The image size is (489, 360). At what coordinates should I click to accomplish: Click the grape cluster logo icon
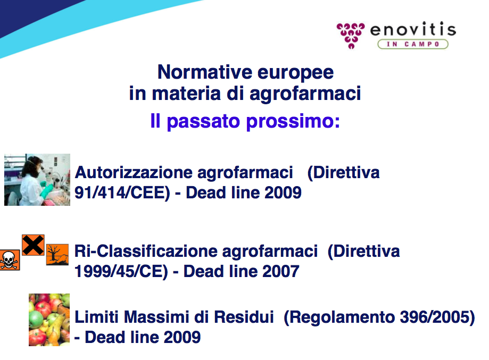coord(351,36)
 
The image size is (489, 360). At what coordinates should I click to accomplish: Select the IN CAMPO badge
coord(413,44)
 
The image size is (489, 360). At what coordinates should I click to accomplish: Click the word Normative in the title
coord(205,72)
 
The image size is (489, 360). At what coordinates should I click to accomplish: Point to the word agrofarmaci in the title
coord(305,94)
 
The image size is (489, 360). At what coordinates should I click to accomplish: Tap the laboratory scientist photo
coord(37,180)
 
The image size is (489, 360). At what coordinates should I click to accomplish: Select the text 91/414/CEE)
coord(122,192)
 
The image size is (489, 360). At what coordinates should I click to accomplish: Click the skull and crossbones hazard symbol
coord(10,260)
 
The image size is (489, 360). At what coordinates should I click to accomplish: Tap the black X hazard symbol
coord(33,245)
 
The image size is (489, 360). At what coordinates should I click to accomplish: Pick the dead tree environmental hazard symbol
coord(57,255)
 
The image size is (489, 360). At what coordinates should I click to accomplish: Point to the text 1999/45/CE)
coord(121,271)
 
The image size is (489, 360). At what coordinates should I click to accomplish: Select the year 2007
coord(280,271)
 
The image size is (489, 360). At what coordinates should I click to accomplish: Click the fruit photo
coord(49,320)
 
